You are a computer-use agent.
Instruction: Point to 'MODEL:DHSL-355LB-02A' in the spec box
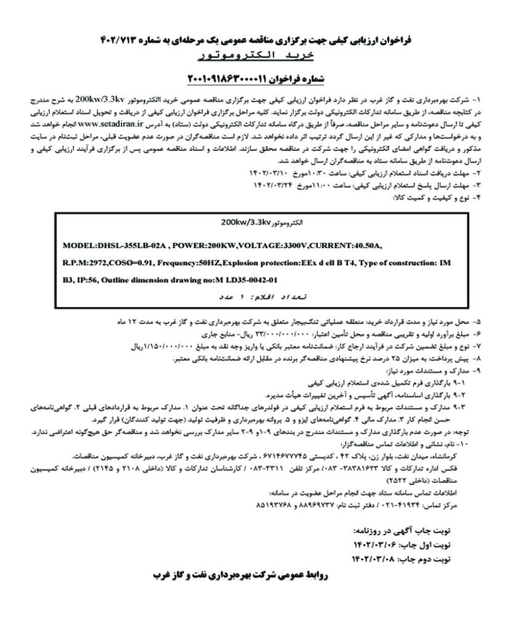(x=115, y=245)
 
